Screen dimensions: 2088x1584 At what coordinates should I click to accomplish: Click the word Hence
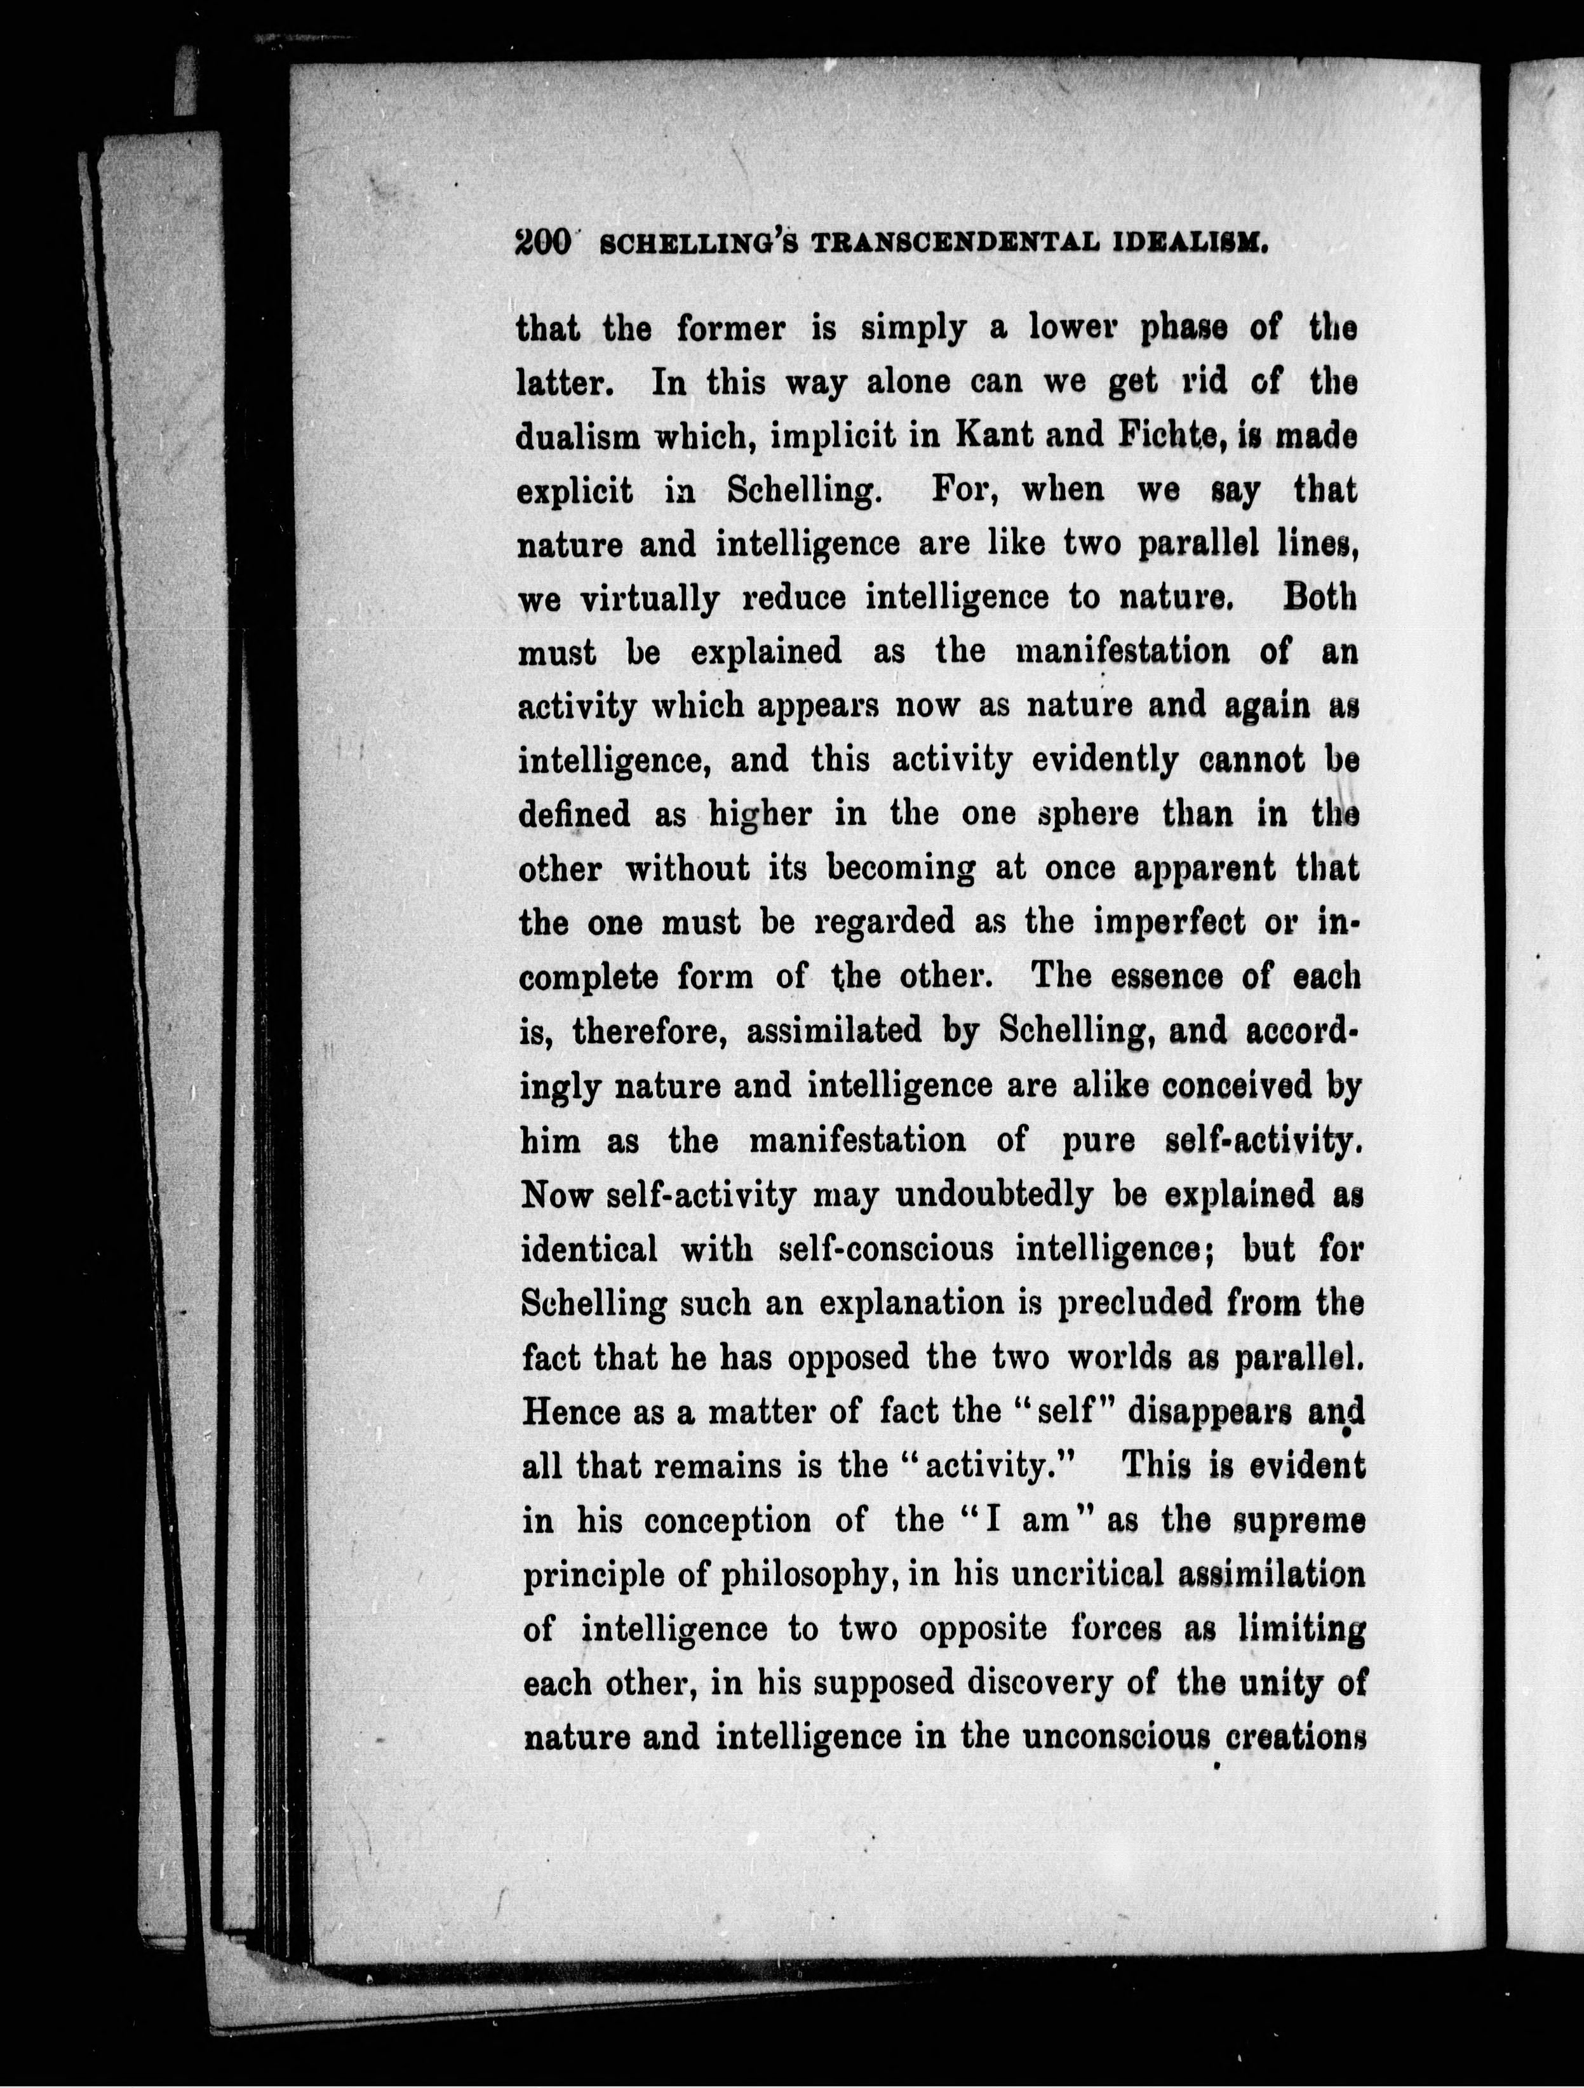pyautogui.click(x=569, y=1412)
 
